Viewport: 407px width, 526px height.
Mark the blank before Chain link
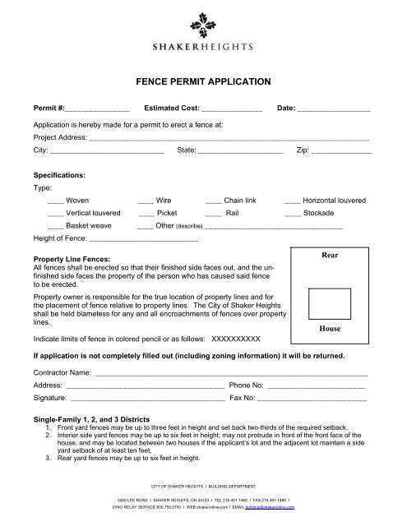point(213,200)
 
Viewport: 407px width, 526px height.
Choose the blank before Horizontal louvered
point(292,200)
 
